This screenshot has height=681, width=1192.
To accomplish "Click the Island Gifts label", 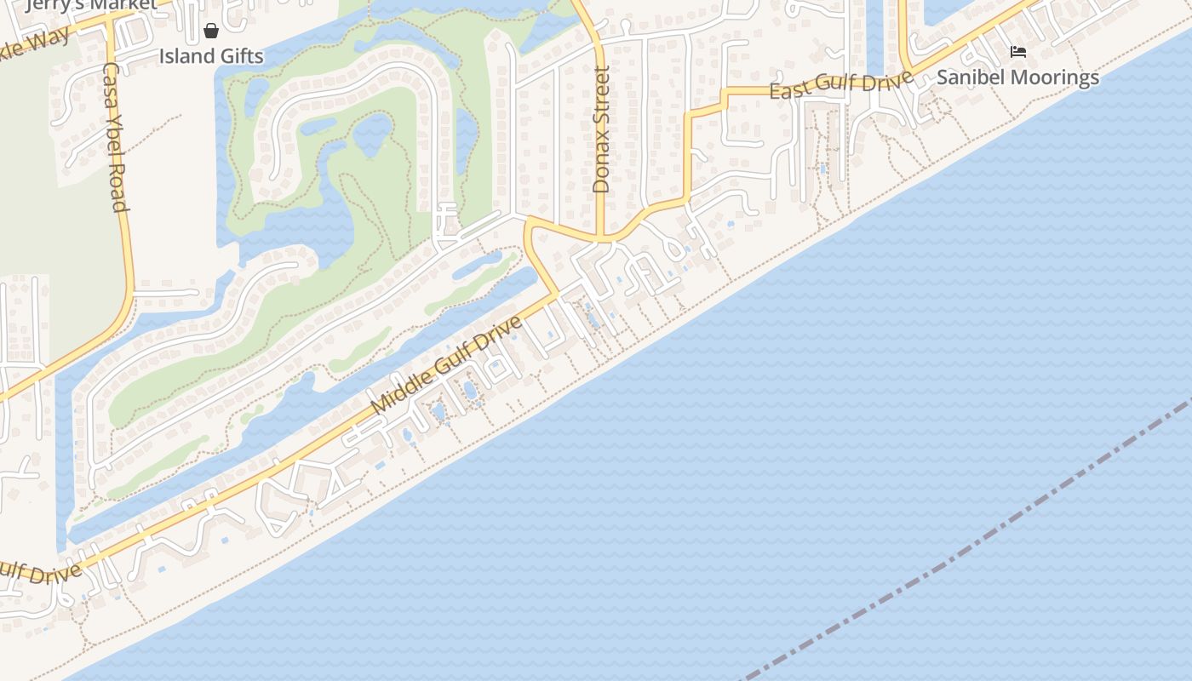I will (211, 56).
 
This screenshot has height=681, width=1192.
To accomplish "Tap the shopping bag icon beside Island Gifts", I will (211, 31).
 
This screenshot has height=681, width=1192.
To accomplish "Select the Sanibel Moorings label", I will (1017, 77).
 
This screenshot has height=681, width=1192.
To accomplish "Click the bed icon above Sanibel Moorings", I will (1017, 52).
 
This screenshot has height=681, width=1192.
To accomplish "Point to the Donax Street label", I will (601, 129).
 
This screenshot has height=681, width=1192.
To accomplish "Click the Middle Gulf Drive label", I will (446, 367).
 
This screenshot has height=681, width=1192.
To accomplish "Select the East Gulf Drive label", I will (840, 85).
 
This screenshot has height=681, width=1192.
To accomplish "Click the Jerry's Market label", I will (92, 5).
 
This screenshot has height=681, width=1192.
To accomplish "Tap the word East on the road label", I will (788, 89).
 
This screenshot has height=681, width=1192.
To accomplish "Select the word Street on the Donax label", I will (601, 99).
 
